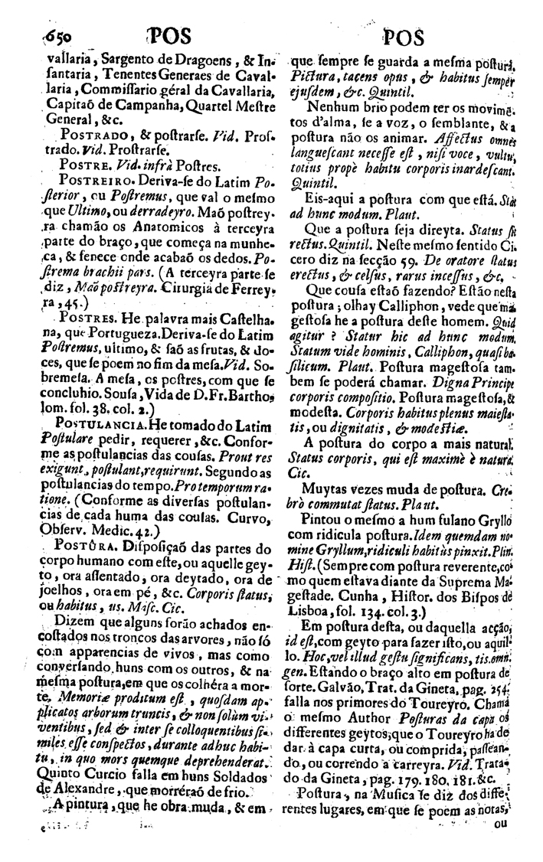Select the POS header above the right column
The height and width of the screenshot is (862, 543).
pyautogui.click(x=407, y=37)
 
